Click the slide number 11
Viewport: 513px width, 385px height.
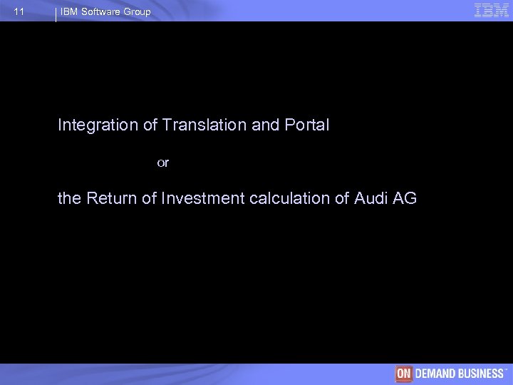tap(19, 12)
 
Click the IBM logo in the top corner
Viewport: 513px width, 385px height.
tap(491, 11)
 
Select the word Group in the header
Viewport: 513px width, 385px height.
tap(138, 12)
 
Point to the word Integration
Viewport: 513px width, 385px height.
tap(98, 125)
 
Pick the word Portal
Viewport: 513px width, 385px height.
tap(306, 125)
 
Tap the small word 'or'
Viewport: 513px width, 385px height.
tap(163, 163)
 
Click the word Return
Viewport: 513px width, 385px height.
tap(113, 198)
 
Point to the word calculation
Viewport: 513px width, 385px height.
tap(291, 198)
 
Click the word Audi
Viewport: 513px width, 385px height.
tap(370, 198)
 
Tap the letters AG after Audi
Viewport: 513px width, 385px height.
tap(404, 198)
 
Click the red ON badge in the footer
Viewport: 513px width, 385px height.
tap(404, 374)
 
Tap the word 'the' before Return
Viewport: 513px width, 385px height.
tap(69, 198)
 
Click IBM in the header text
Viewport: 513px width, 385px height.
tap(69, 12)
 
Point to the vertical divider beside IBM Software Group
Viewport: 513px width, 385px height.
tap(56, 14)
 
